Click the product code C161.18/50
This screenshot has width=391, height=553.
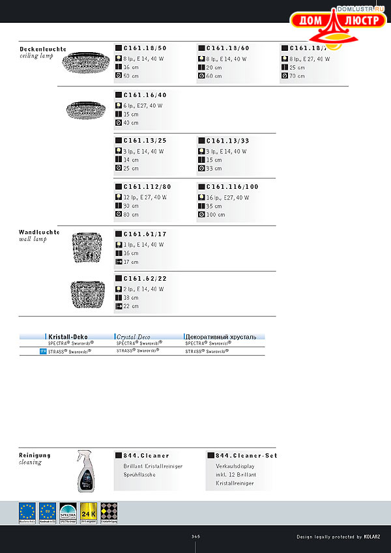pyautogui.click(x=145, y=48)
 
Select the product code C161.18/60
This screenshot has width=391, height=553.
pyautogui.click(x=228, y=48)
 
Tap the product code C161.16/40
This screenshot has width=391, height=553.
pyautogui.click(x=145, y=95)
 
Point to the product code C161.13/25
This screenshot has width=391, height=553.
pyautogui.click(x=145, y=141)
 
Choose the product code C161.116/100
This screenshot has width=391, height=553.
pyautogui.click(x=232, y=187)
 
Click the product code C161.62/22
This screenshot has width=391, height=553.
pyautogui.click(x=145, y=279)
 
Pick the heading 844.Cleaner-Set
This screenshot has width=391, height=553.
pyautogui.click(x=246, y=456)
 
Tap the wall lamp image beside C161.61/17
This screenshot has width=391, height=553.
pyautogui.click(x=86, y=247)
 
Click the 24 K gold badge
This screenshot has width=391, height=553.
pyautogui.click(x=89, y=513)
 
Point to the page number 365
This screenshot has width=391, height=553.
pyautogui.click(x=195, y=537)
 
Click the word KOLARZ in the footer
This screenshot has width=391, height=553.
pyautogui.click(x=376, y=537)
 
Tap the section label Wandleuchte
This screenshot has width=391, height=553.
pyautogui.click(x=39, y=232)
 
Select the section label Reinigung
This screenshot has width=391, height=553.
pyautogui.click(x=35, y=455)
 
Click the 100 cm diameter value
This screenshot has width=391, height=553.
pyautogui.click(x=216, y=214)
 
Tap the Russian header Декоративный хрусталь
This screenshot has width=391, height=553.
pyautogui.click(x=220, y=337)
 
